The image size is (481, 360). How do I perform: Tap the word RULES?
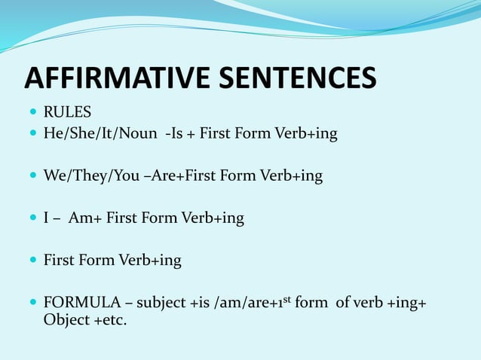[67, 113]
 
